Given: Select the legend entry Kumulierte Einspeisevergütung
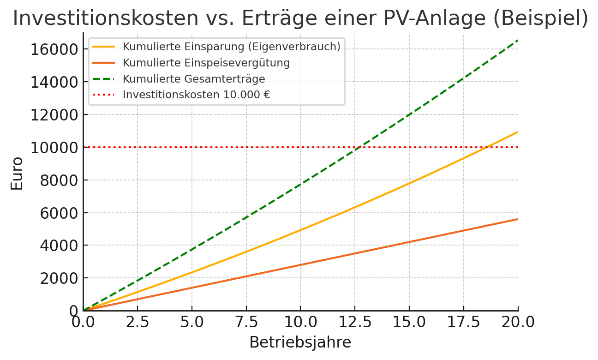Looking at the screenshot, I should pyautogui.click(x=206, y=63).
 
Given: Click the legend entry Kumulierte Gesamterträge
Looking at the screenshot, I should pyautogui.click(x=194, y=79).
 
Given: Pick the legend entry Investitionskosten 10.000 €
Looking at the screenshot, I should pyautogui.click(x=196, y=95).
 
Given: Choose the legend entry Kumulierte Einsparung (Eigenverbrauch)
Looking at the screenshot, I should pyautogui.click(x=231, y=47).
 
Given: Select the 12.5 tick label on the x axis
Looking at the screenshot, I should pyautogui.click(x=355, y=322).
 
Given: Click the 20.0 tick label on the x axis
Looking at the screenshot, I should pyautogui.click(x=518, y=322).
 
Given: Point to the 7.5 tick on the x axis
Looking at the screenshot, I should pyautogui.click(x=246, y=322).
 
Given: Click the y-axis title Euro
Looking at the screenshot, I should pyautogui.click(x=17, y=174).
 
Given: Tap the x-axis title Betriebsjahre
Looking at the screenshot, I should pyautogui.click(x=300, y=342).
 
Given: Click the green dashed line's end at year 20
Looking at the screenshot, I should pyautogui.click(x=518, y=41).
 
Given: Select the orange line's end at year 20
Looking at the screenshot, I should pyautogui.click(x=518, y=219).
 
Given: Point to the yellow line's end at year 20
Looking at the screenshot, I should pyautogui.click(x=518, y=132).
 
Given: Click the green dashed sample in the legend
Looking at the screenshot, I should pyautogui.click(x=103, y=79).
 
